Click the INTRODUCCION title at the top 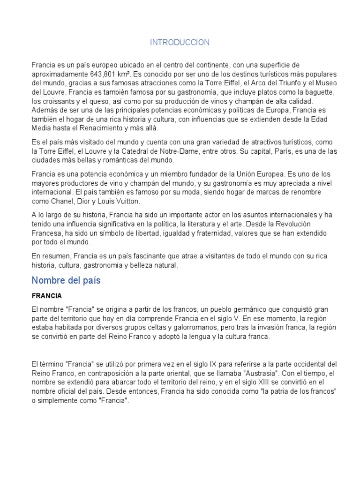click(x=180, y=43)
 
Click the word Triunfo click(x=285, y=83)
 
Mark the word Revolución click(x=312, y=224)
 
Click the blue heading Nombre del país click(x=66, y=281)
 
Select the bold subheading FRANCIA click(x=46, y=296)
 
